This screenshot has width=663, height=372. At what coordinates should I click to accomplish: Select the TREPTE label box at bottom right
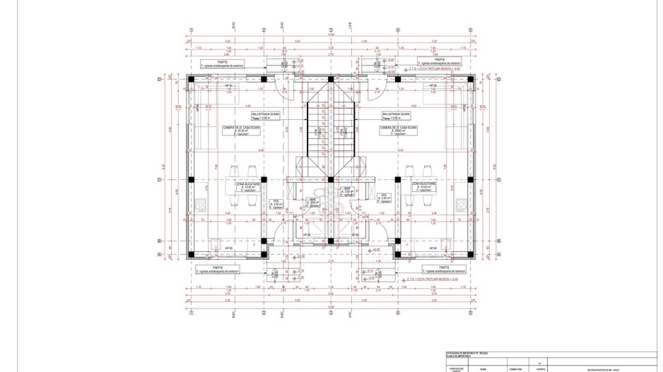click(443, 269)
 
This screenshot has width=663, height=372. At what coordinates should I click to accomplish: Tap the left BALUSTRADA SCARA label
click(266, 115)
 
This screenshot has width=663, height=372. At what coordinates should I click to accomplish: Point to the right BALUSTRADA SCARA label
click(396, 115)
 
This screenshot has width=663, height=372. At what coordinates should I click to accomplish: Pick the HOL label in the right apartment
click(384, 198)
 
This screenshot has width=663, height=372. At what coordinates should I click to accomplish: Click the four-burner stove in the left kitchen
click(200, 205)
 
